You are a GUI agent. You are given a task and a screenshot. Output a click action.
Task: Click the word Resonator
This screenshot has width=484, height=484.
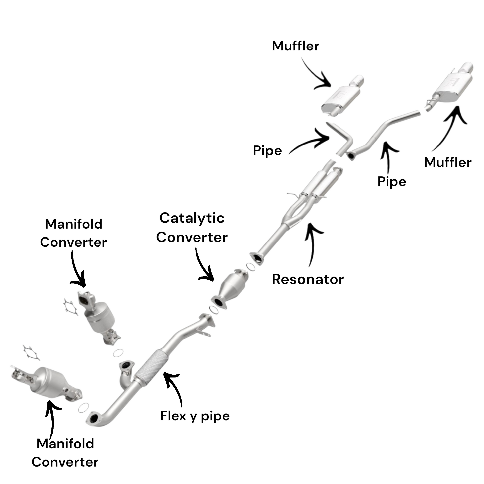point(308,279)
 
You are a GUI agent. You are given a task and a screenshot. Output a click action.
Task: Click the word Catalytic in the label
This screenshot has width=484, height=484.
point(192,218)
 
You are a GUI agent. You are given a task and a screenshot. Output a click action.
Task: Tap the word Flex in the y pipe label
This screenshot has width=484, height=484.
point(173,416)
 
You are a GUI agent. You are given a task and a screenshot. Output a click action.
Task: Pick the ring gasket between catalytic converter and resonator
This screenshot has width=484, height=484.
point(250,267)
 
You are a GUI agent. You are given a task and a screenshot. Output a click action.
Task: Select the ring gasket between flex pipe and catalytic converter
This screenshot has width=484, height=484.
point(213,310)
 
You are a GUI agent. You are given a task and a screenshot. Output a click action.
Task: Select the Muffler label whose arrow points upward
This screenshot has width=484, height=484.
point(448,162)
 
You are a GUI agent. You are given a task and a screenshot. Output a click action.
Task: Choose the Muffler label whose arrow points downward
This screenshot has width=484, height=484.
point(296,46)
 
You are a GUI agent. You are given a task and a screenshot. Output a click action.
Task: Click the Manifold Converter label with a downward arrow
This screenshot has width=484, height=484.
point(74,233)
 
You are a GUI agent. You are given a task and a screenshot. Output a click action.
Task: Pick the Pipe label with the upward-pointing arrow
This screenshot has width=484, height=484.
point(391,181)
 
